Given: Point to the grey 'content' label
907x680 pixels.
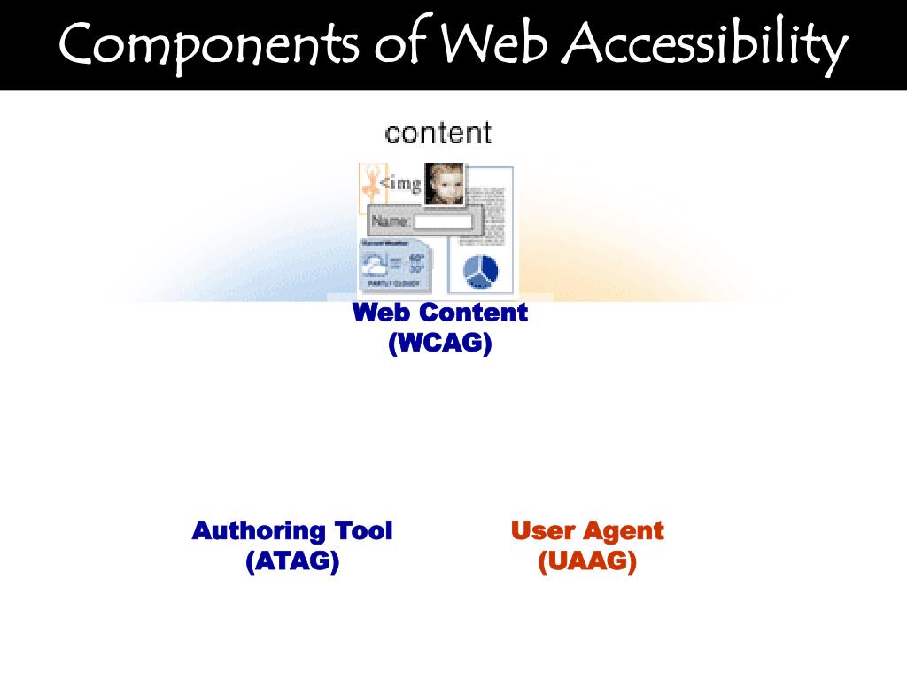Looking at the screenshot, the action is click(438, 134).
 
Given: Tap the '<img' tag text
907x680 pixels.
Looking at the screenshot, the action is click(400, 184).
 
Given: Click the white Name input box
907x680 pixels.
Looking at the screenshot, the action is click(443, 221).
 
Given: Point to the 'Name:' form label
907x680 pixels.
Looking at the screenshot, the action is click(391, 221).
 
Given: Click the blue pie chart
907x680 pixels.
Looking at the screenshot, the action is click(481, 270).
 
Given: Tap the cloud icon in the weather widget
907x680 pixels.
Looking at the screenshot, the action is click(376, 265).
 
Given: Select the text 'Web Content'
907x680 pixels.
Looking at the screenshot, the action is click(440, 313).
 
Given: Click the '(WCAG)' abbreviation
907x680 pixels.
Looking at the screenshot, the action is click(440, 343).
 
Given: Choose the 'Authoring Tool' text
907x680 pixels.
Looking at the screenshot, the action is click(292, 531).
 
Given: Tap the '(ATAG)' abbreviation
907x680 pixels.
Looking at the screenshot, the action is click(292, 561).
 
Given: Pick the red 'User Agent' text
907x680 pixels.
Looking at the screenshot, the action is click(587, 531).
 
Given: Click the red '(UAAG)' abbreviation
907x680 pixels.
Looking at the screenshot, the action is click(587, 561).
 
